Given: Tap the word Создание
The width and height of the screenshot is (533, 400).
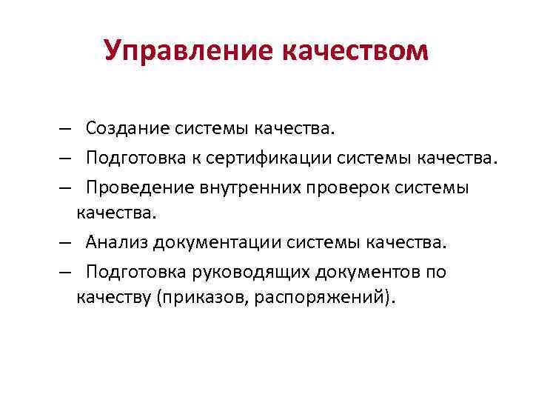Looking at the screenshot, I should (x=127, y=130).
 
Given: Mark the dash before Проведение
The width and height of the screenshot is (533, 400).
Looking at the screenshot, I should (x=67, y=187).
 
